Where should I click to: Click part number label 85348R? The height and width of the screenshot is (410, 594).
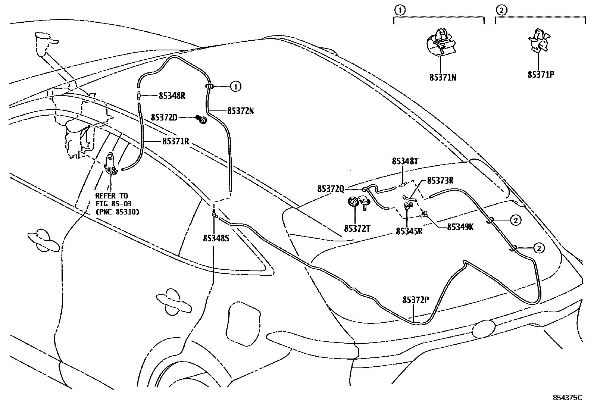point(172,96)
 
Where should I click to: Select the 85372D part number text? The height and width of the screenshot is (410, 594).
point(164,118)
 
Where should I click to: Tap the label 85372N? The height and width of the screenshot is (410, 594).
point(240,111)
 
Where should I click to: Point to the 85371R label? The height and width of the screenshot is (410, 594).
point(176,141)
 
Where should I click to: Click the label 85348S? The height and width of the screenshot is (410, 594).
point(216,238)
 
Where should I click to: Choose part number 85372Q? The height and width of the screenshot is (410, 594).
point(331,189)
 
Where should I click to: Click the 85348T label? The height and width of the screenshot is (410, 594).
point(405,162)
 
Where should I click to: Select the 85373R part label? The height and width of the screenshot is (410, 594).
point(440,181)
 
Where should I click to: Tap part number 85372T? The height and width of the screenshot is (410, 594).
point(357,228)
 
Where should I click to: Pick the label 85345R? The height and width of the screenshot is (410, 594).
point(409,231)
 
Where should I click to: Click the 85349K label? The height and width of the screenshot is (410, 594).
point(460,227)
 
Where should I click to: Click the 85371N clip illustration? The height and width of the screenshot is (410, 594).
point(441,43)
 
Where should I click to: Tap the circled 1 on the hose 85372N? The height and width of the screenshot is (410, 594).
point(235,87)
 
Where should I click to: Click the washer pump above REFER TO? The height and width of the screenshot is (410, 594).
point(111,163)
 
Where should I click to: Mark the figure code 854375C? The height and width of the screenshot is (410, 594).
point(567,398)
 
